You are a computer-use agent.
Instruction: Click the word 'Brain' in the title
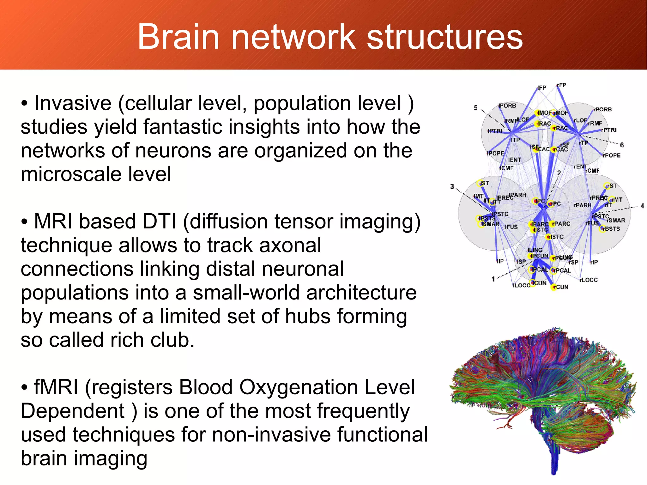[x=178, y=37]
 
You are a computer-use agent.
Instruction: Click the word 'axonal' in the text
[x=287, y=245]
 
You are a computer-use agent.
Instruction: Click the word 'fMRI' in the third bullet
[x=56, y=387]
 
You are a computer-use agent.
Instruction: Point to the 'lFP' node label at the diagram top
[x=542, y=88]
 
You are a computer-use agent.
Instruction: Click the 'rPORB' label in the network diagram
[x=602, y=110]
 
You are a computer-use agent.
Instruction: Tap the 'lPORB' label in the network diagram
[x=507, y=106]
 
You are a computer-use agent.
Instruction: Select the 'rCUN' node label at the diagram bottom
[x=561, y=287]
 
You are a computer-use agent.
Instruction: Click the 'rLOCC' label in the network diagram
[x=589, y=280]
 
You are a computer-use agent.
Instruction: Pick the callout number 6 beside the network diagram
[x=622, y=145]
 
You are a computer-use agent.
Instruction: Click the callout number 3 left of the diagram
[x=452, y=187]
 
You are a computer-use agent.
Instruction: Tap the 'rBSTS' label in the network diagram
[x=611, y=229]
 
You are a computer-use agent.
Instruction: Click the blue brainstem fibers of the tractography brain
[x=553, y=455]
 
